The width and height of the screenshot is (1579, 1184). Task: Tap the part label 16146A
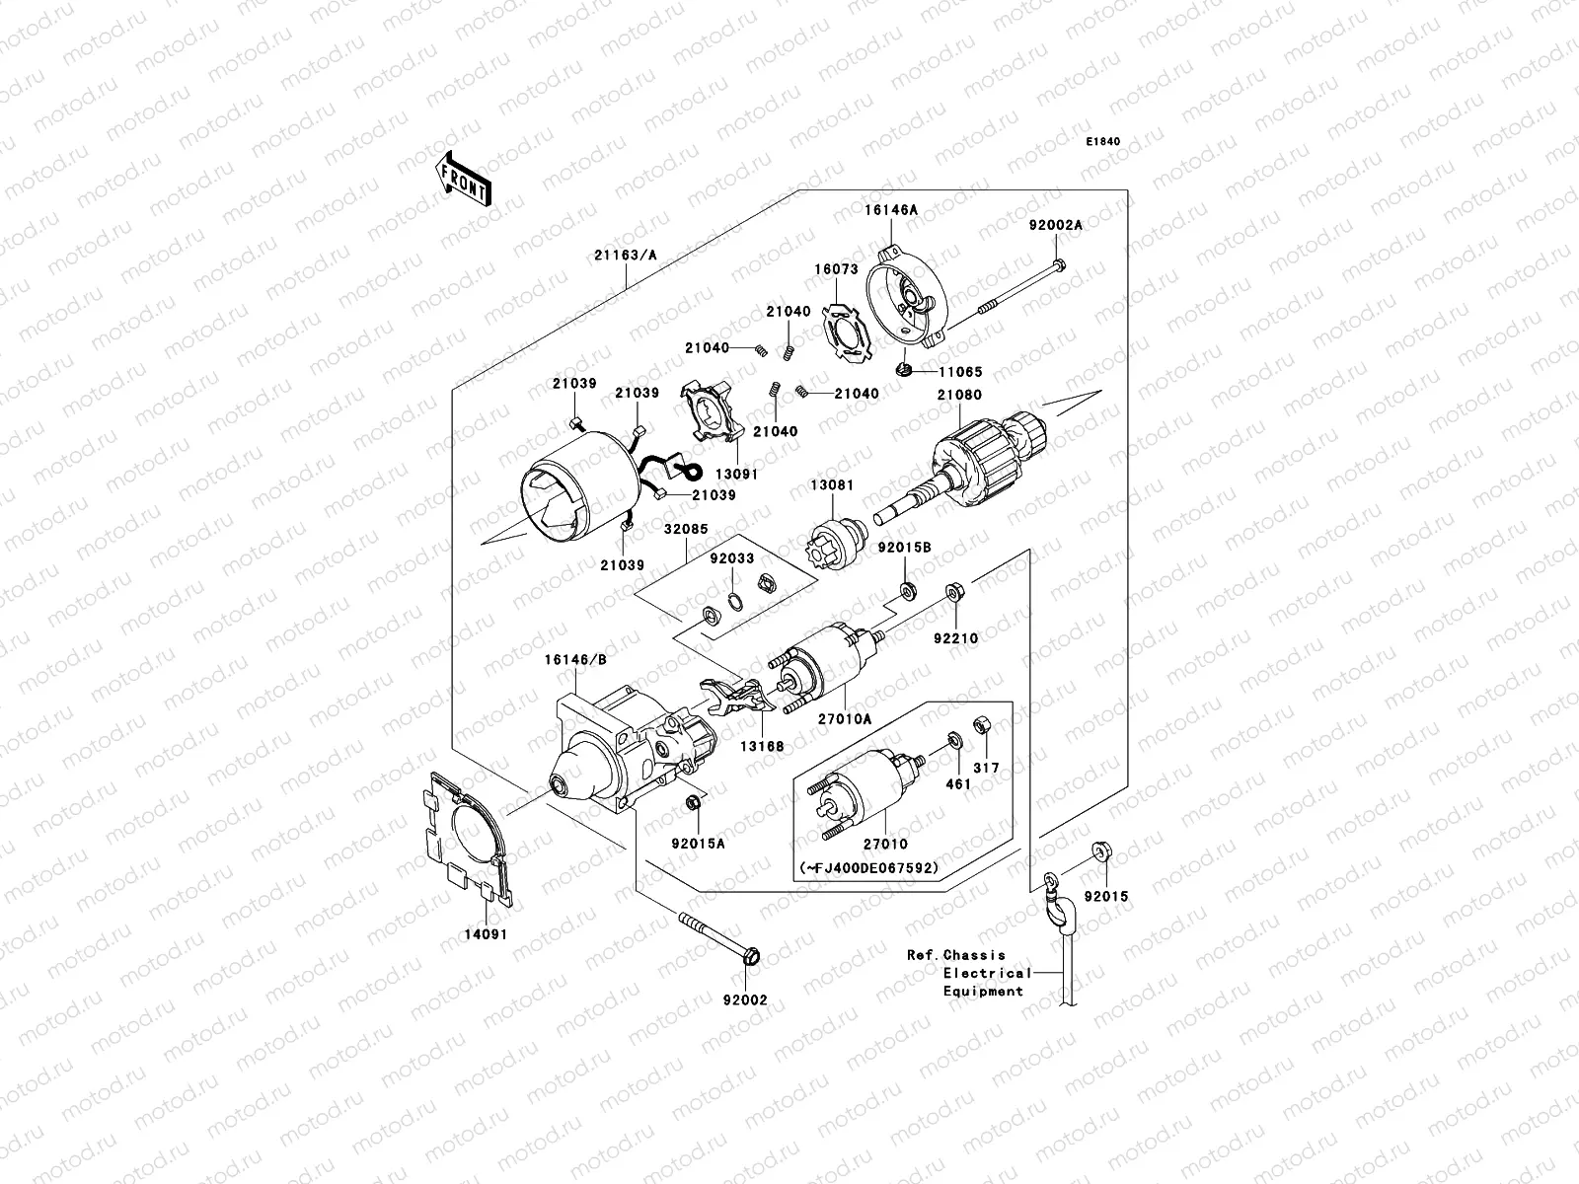click(x=892, y=210)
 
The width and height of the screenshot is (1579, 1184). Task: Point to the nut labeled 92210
click(x=954, y=592)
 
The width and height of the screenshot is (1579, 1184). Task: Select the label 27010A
click(x=845, y=720)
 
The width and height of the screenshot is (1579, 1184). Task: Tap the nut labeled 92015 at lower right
click(x=1101, y=851)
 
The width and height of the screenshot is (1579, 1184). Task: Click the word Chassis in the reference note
click(x=974, y=955)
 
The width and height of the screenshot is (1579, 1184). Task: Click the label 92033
click(x=731, y=558)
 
